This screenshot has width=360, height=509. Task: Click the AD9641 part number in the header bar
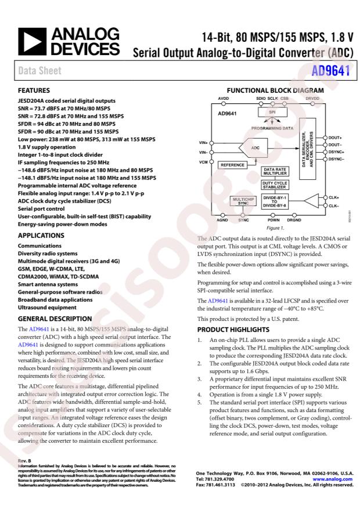coord(332,73)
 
